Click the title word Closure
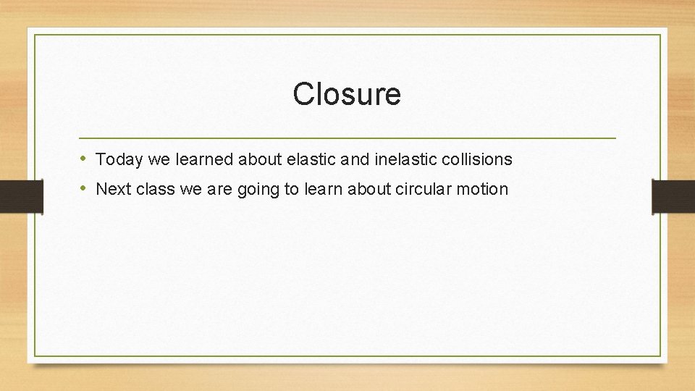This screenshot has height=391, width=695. [x=347, y=94]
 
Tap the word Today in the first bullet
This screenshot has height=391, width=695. [x=119, y=159]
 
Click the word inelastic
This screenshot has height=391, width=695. [x=395, y=159]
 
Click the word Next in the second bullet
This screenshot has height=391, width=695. [x=111, y=190]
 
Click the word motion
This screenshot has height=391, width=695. [x=485, y=190]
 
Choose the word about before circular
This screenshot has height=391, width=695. [x=372, y=190]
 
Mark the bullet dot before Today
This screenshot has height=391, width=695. [x=84, y=159]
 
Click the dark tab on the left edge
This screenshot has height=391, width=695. [x=21, y=196]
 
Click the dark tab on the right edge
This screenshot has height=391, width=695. [x=673, y=196]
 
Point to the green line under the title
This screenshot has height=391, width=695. [x=347, y=138]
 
